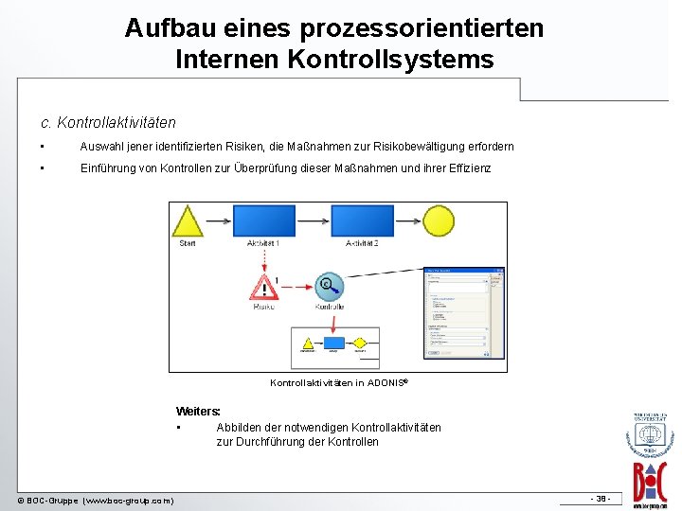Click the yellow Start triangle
(x=188, y=223)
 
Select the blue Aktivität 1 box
(x=263, y=220)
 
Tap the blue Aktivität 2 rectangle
(x=361, y=220)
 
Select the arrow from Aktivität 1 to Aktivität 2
(x=313, y=220)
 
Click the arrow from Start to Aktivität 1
(x=218, y=221)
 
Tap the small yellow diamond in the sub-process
(x=360, y=343)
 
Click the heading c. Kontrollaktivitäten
(x=108, y=122)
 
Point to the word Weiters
(x=198, y=412)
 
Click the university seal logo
(x=650, y=436)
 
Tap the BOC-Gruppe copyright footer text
(x=96, y=500)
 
